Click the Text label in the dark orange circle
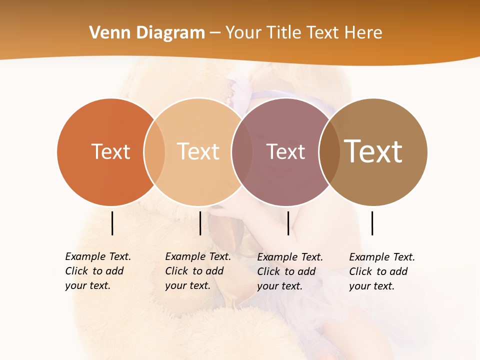110,151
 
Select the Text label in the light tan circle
198,151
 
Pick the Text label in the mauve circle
285,151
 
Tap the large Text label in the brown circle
373,151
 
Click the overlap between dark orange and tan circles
154,152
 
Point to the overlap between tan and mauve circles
242,152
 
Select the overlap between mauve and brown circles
329,152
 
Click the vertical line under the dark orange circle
112,223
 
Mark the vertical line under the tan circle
200,223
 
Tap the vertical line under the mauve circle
288,223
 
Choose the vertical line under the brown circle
372,223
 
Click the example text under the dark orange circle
97,271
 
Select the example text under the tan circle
197,271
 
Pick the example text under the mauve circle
289,271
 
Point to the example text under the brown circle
381,271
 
